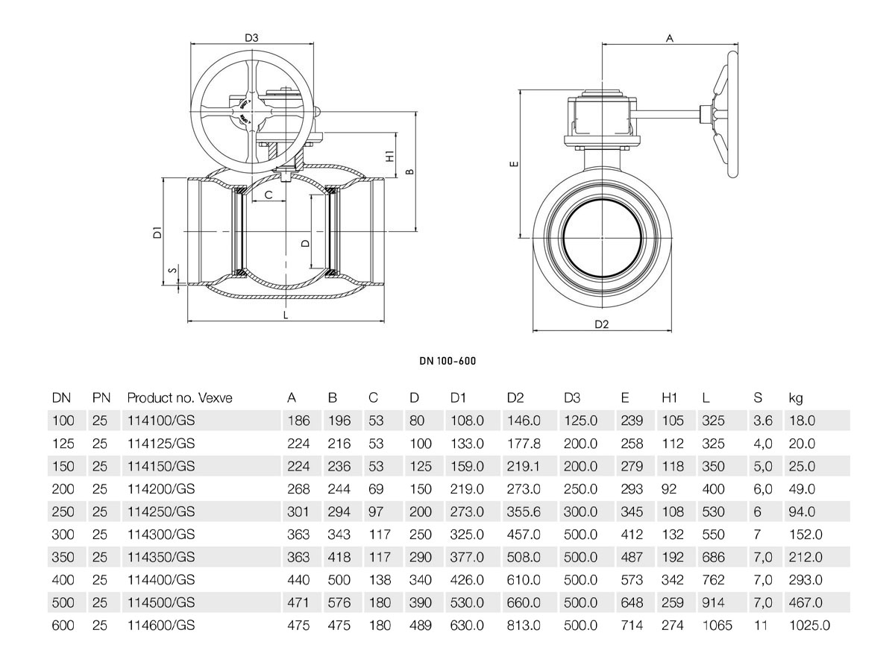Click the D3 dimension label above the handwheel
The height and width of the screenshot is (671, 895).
[x=251, y=38]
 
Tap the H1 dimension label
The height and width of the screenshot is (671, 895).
[x=390, y=155]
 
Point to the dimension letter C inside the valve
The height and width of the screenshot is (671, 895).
[x=268, y=195]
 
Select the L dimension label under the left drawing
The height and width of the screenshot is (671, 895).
[x=286, y=315]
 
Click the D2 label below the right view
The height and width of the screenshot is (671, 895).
[x=601, y=324]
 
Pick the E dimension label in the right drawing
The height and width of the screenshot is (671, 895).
[x=515, y=164]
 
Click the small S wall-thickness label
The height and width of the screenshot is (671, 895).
[x=173, y=270]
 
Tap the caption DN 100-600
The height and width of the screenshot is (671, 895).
[x=447, y=361]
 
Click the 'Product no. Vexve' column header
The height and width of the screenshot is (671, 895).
[x=180, y=397]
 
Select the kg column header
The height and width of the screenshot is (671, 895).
[x=796, y=398]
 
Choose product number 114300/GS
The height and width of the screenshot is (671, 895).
[x=161, y=534]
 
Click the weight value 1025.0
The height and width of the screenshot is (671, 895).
[x=809, y=626]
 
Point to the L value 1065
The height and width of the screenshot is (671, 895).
[x=717, y=626]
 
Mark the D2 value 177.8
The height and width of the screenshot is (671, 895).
[x=524, y=444]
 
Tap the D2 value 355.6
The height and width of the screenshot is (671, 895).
[x=524, y=511]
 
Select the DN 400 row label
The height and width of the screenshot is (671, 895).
[x=63, y=580]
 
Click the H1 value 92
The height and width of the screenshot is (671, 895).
[x=669, y=489]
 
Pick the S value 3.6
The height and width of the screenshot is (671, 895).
[x=762, y=420]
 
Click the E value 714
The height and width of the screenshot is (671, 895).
[x=632, y=626]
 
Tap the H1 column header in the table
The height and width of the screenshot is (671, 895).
[x=669, y=397]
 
